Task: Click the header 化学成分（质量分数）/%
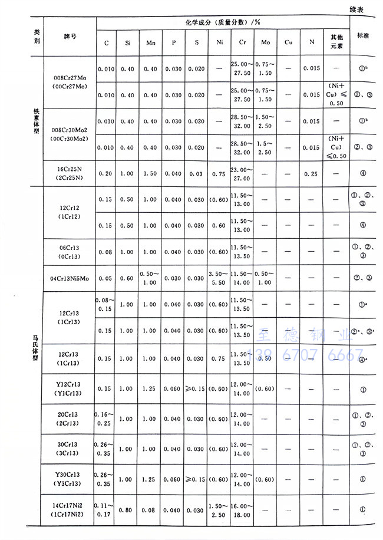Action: [x=223, y=23]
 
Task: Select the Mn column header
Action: [x=150, y=42]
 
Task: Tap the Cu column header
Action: [x=288, y=42]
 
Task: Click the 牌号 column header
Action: [x=70, y=36]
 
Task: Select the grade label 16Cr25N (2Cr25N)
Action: [x=70, y=173]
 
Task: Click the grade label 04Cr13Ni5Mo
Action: [x=70, y=277]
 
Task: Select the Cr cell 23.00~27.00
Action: [x=242, y=173]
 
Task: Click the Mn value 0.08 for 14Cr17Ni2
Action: [x=150, y=509]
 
